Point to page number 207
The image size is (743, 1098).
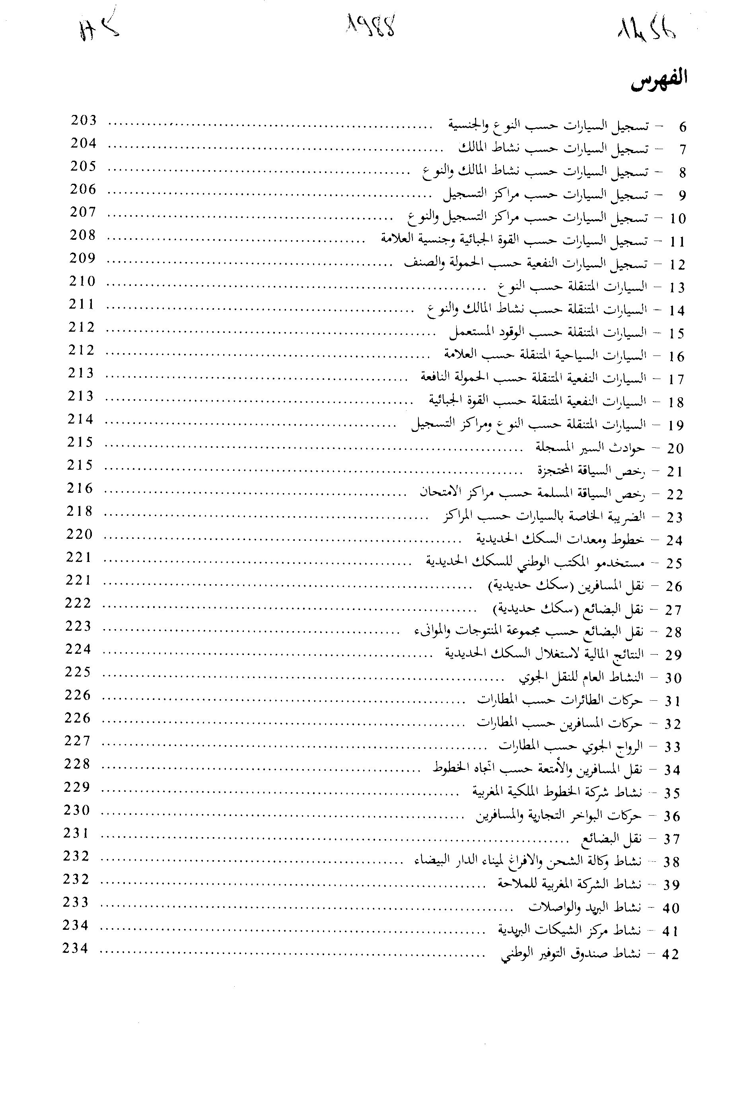pos(83,212)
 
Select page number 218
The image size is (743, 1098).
pos(80,511)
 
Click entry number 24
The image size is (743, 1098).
pos(675,541)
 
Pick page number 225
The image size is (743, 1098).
pos(78,672)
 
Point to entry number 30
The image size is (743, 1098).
pos(673,678)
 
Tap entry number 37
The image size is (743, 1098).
pos(672,840)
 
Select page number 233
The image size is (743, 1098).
pos(76,902)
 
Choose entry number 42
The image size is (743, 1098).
pos(671,955)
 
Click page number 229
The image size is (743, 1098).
pos(77,787)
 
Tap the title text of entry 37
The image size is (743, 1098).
pos(611,839)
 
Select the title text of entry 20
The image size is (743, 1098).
pos(590,447)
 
